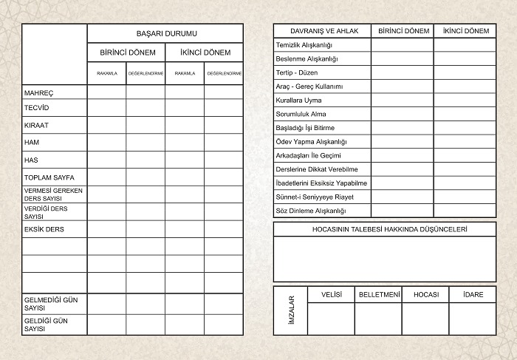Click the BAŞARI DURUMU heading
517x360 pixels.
click(166, 33)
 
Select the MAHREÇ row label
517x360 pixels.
click(39, 93)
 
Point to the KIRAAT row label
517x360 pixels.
click(36, 125)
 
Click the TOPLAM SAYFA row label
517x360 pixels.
click(49, 178)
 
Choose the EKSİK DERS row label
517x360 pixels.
click(44, 229)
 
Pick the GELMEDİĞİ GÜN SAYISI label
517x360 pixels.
click(45, 304)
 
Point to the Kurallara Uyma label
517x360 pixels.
click(298, 101)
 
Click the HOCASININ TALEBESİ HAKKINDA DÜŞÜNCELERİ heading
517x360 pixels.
click(385, 230)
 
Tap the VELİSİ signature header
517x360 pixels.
click(331, 294)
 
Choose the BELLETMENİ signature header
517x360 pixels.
click(379, 294)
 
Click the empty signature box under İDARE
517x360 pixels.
click(473, 319)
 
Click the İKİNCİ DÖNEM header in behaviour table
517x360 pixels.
click(465, 31)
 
